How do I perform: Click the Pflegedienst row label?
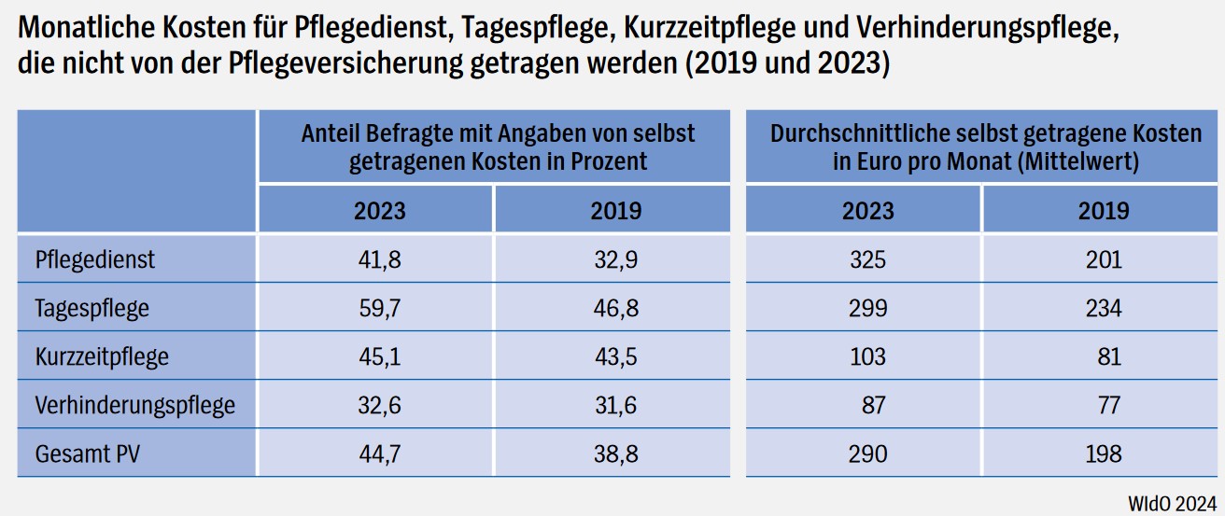94,259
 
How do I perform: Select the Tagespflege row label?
92,308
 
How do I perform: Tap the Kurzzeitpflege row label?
102,356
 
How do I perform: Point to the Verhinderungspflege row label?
134,406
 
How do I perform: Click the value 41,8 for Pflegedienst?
379,259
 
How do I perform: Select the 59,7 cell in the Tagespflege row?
379,308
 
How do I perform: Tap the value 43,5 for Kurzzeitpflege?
615,356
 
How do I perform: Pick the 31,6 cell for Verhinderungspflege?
615,406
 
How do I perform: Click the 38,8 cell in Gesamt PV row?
615,454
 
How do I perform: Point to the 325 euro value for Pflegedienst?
867,259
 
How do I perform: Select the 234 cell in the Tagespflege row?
1103,308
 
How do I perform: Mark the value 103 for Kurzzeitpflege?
867,356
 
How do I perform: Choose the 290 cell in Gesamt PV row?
867,454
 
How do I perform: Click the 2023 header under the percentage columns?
379,210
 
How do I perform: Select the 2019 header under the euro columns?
1103,210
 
